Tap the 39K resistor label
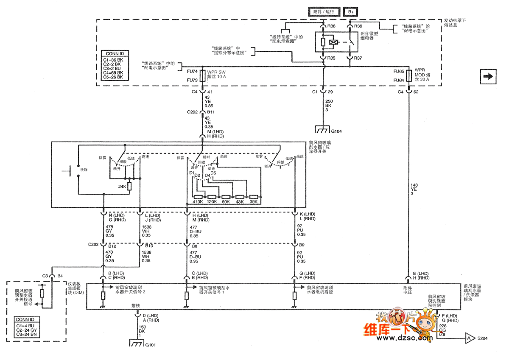254,202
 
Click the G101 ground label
150,344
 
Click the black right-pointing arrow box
488,76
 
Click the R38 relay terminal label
331,26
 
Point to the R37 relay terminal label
358,58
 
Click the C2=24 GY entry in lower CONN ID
28,329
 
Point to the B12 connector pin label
112,246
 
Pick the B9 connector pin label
302,245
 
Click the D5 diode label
213,173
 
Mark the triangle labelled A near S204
469,338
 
